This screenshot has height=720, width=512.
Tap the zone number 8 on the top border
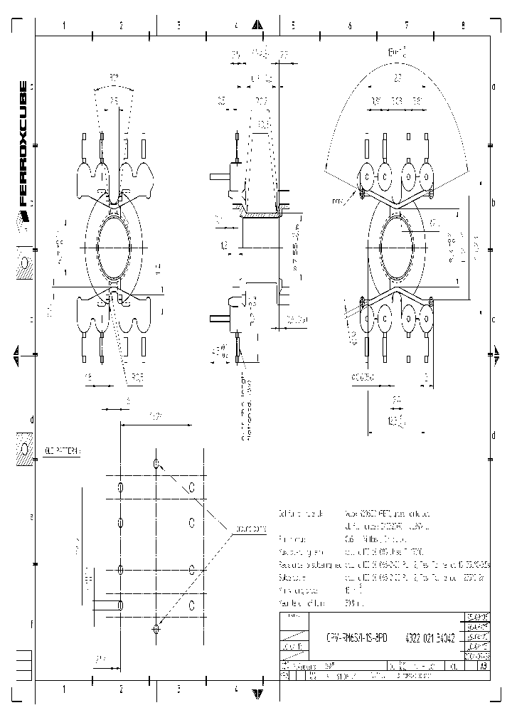[x=463, y=25]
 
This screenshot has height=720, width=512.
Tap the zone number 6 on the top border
[x=349, y=25]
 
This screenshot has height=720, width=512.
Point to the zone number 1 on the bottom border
[x=64, y=689]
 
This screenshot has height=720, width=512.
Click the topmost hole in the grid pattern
[x=156, y=464]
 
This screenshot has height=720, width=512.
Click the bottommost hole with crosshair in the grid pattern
[x=156, y=628]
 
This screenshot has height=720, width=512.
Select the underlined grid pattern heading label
[x=63, y=451]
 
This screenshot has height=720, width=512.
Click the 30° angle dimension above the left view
[x=113, y=77]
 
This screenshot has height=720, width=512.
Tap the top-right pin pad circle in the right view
[x=427, y=176]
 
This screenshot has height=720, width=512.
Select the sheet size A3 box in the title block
[x=483, y=667]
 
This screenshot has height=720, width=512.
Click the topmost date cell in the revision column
[x=476, y=617]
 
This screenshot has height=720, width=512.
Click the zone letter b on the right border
[x=493, y=202]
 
